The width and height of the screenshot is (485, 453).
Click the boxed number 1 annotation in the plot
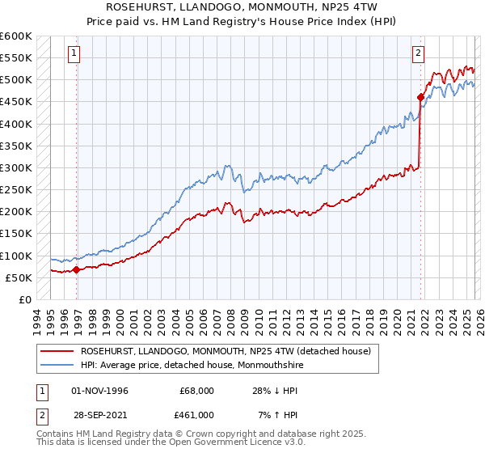click(74, 54)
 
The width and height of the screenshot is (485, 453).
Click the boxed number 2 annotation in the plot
click(418, 54)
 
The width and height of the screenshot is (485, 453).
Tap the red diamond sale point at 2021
click(420, 98)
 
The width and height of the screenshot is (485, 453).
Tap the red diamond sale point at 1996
click(77, 270)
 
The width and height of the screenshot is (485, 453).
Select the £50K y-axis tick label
click(19, 278)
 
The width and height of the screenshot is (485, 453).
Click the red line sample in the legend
click(57, 351)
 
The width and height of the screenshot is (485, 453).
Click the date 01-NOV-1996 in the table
click(99, 390)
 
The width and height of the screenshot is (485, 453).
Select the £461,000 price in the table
click(197, 414)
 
